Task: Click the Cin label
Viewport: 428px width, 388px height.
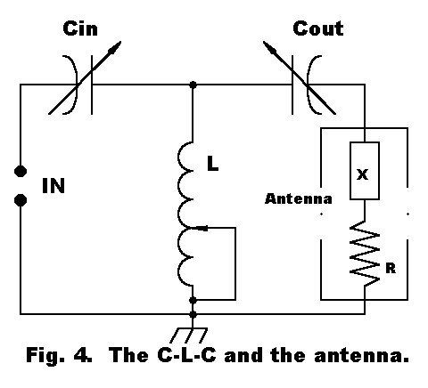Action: click(x=80, y=28)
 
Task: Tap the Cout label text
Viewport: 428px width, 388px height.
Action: click(x=318, y=28)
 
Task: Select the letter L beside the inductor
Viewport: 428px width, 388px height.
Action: click(x=212, y=164)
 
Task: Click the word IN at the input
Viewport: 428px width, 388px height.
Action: click(x=53, y=186)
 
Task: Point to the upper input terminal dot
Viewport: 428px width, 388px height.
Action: click(x=21, y=171)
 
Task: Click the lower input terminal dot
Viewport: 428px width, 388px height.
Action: click(x=21, y=200)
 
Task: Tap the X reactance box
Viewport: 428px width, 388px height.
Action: click(x=365, y=171)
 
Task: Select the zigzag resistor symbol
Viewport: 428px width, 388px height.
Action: click(x=365, y=253)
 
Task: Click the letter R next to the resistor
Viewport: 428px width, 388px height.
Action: click(x=391, y=268)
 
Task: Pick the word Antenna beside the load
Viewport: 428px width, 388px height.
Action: click(x=299, y=198)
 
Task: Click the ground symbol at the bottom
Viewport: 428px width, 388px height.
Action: click(x=189, y=335)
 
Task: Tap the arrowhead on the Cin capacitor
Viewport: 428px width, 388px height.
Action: click(x=115, y=48)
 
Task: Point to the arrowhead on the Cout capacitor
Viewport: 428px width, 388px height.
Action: click(x=270, y=48)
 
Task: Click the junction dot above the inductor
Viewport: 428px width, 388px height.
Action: click(x=193, y=85)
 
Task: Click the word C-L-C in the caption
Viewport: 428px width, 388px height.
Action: click(x=186, y=355)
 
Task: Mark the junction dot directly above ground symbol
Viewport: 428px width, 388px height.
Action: click(x=193, y=314)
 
